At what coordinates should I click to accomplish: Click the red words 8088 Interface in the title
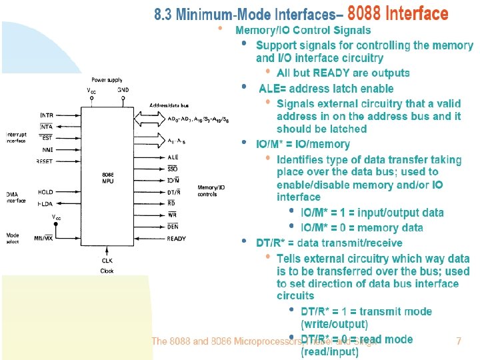tap(398, 13)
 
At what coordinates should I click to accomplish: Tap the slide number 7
tap(458, 341)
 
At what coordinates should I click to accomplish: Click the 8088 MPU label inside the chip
tap(107, 178)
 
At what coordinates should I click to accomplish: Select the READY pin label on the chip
tap(177, 239)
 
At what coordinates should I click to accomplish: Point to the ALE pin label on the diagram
tap(173, 157)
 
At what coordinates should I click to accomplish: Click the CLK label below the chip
tap(107, 260)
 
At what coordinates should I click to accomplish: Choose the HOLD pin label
tap(45, 192)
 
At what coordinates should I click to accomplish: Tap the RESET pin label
tap(45, 161)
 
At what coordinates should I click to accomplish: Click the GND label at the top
tap(123, 89)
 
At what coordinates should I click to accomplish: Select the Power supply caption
tap(107, 79)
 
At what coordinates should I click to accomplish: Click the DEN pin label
tap(173, 227)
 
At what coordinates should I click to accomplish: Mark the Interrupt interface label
tap(17, 137)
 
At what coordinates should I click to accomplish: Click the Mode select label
tap(13, 238)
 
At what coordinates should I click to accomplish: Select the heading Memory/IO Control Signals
tap(303, 30)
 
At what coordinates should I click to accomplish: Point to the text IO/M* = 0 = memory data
tap(362, 227)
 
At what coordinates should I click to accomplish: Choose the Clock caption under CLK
tap(107, 271)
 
